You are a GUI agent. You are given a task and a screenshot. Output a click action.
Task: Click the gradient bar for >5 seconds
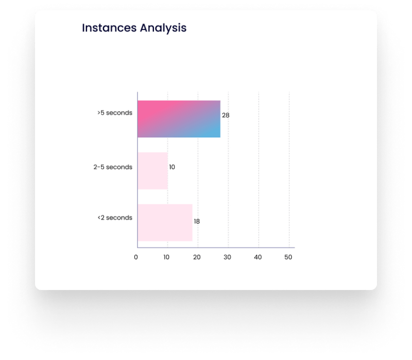(x=179, y=119)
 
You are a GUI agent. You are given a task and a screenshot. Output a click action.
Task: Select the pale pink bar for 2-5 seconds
(x=152, y=171)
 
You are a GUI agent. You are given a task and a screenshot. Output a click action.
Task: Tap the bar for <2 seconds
(x=165, y=222)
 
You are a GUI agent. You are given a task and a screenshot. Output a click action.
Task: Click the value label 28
(x=226, y=115)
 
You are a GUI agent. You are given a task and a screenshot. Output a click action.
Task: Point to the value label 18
(x=197, y=221)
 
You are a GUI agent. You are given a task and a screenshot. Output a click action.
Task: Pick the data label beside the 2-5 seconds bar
(x=172, y=167)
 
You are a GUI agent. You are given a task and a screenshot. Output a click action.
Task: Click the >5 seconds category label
(x=115, y=113)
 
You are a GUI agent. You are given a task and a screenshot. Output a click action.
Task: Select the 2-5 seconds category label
(x=113, y=167)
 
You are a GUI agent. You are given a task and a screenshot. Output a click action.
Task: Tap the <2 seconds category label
(x=115, y=218)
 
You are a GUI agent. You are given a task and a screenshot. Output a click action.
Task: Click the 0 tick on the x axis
(x=136, y=258)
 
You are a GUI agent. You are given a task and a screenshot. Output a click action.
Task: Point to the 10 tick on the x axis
(x=166, y=258)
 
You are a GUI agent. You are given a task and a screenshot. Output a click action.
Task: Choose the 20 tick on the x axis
(x=197, y=258)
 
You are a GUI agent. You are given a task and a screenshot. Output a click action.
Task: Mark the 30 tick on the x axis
(x=227, y=258)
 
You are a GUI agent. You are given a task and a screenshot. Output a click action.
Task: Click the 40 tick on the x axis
(x=258, y=258)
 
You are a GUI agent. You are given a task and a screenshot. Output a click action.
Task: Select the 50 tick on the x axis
(x=288, y=258)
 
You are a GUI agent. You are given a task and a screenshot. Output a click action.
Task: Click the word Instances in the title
(x=109, y=28)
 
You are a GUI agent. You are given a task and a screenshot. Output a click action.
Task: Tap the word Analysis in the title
(x=163, y=28)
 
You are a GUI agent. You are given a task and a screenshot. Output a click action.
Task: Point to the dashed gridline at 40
(x=259, y=169)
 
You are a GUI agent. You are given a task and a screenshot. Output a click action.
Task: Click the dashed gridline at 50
(x=289, y=169)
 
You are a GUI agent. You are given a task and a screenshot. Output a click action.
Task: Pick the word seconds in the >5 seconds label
(x=119, y=113)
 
